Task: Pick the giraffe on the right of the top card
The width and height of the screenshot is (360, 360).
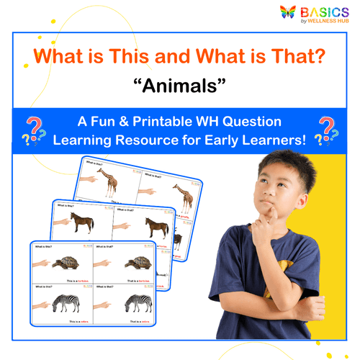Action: (x=184, y=197)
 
